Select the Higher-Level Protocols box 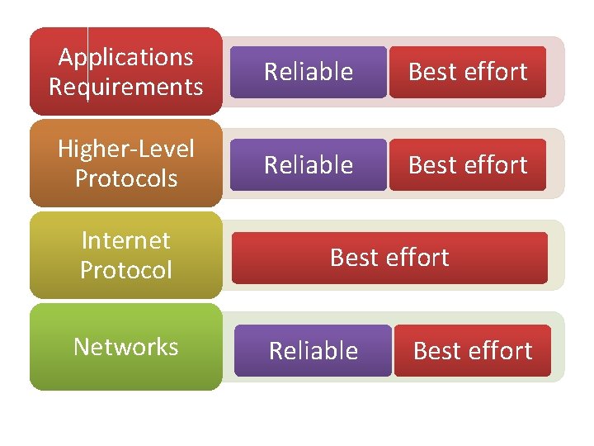tap(126, 164)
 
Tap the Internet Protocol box tap(126, 255)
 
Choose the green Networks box tap(126, 347)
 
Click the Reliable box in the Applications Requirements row tap(308, 73)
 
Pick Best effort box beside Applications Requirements tap(468, 73)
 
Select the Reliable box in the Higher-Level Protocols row tap(308, 165)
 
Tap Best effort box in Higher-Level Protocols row tap(468, 165)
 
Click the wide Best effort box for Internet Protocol tap(389, 258)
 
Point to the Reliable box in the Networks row tap(313, 351)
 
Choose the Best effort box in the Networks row tap(472, 351)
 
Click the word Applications tap(126, 58)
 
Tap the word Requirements tap(126, 87)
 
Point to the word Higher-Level tap(126, 149)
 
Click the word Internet tap(126, 241)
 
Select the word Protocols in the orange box tap(126, 178)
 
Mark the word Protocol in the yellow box tap(126, 270)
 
